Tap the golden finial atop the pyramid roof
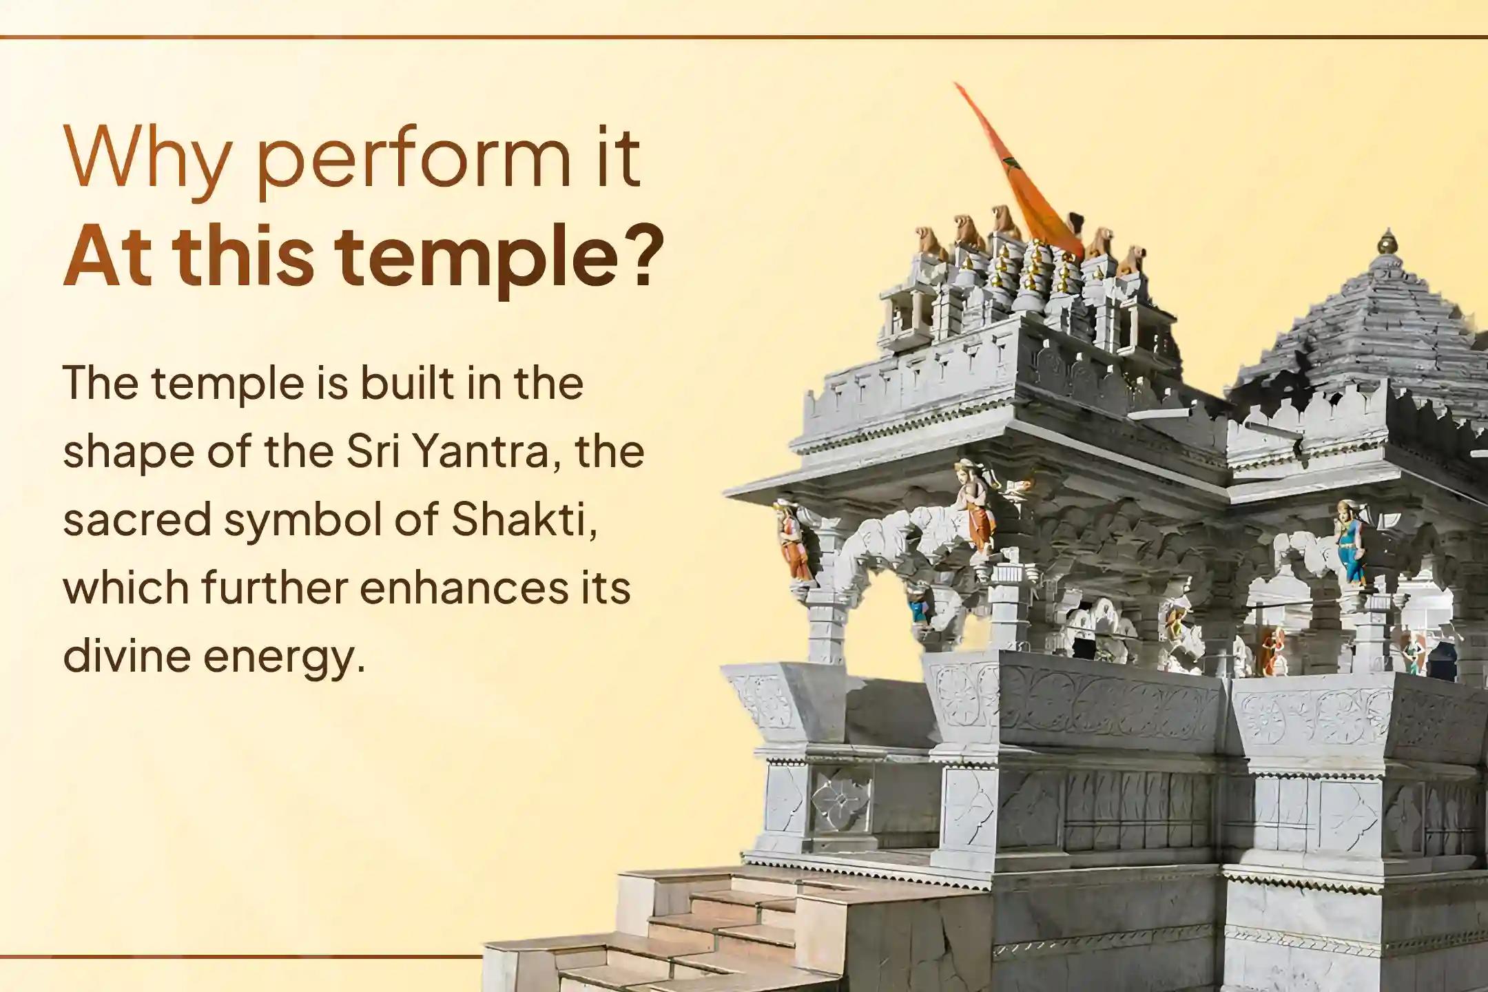point(1386,242)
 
